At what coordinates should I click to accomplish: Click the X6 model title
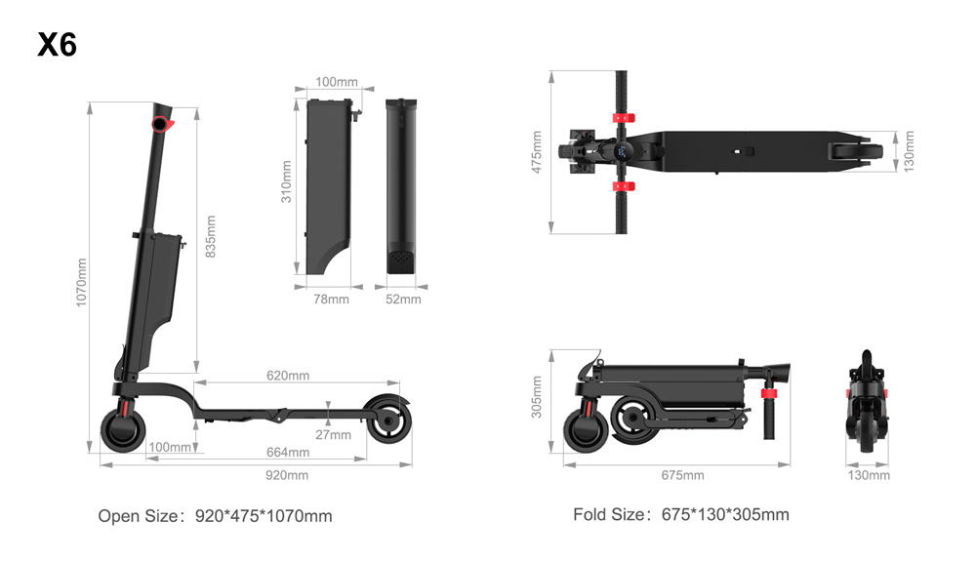coord(57,45)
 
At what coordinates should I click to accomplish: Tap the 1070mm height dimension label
coord(82,282)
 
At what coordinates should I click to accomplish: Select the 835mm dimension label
coord(211,236)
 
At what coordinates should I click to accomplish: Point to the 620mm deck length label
coord(288,375)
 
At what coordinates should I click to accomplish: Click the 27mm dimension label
coord(333,434)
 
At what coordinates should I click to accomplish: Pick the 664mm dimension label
coord(288,452)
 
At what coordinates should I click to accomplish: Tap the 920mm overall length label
coord(287,475)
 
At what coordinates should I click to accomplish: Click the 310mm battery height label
coord(286,181)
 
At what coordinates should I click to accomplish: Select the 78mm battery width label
coord(331,300)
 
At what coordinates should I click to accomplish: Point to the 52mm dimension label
coord(403,300)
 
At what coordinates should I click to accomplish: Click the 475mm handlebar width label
coord(537,152)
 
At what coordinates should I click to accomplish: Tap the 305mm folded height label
coord(537,397)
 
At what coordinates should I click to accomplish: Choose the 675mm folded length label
coord(683,475)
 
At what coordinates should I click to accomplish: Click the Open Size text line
coord(216,516)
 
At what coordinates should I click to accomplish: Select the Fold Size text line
coord(681,515)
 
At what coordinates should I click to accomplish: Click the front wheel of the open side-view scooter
coord(123,430)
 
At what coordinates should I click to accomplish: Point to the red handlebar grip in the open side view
coord(162,124)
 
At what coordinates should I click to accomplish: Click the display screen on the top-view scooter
coord(623,152)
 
